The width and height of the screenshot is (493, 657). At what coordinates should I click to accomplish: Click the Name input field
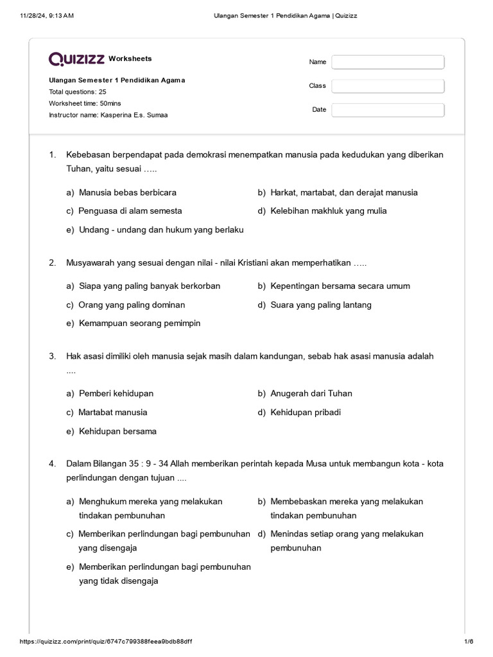(x=388, y=62)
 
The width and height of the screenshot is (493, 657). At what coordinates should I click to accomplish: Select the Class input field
(x=388, y=86)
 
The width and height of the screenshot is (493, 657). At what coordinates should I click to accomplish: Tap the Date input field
(x=388, y=110)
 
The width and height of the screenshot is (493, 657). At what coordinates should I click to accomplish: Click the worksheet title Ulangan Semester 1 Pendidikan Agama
(x=117, y=80)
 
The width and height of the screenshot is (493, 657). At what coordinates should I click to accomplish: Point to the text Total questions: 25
(x=78, y=92)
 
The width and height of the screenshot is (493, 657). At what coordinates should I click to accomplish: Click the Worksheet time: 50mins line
(x=85, y=103)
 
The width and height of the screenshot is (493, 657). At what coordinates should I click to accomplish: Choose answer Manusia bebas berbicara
(x=127, y=192)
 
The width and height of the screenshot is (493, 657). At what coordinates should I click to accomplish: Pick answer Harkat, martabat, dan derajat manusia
(x=343, y=192)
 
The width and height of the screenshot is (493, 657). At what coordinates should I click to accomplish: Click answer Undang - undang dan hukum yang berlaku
(x=160, y=230)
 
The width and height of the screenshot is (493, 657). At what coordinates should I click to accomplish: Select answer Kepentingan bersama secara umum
(x=340, y=286)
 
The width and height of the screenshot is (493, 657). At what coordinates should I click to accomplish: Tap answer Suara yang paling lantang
(x=320, y=305)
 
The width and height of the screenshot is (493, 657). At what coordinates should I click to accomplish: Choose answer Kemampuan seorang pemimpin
(x=139, y=323)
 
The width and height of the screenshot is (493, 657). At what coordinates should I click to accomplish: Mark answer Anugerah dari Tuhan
(x=311, y=393)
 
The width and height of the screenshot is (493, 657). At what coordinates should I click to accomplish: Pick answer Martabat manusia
(x=112, y=412)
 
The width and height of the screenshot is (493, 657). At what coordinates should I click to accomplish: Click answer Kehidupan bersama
(x=117, y=431)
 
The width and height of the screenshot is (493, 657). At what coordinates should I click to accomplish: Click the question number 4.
(x=52, y=464)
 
